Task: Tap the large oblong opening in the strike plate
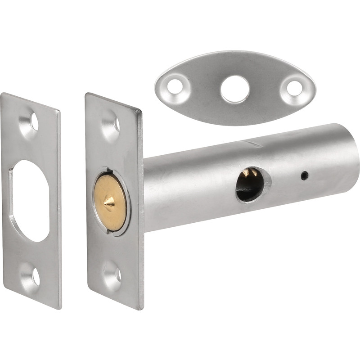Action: [x=31, y=201]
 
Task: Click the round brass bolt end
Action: [x=110, y=202]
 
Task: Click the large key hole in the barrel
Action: [x=250, y=184]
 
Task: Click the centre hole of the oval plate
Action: [x=234, y=89]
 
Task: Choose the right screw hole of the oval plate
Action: [x=294, y=88]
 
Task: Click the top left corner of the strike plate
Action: [x=3, y=94]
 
